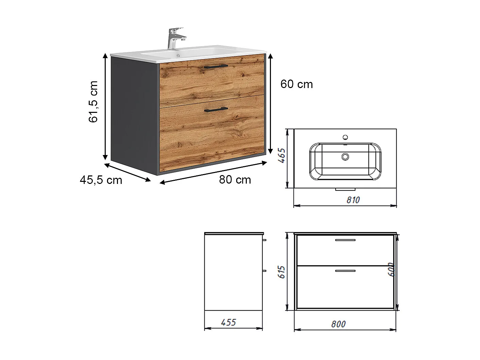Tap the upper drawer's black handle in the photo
(x=216, y=67)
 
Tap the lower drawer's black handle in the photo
(x=216, y=109)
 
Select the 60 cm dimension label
(x=296, y=84)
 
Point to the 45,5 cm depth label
(x=101, y=179)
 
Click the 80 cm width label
(x=235, y=179)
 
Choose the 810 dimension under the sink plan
(x=353, y=200)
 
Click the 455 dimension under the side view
(x=228, y=322)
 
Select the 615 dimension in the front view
(x=281, y=272)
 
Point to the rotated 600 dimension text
(x=390, y=269)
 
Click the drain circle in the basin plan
(x=345, y=157)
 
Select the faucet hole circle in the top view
(x=345, y=137)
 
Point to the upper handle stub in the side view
(x=264, y=240)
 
